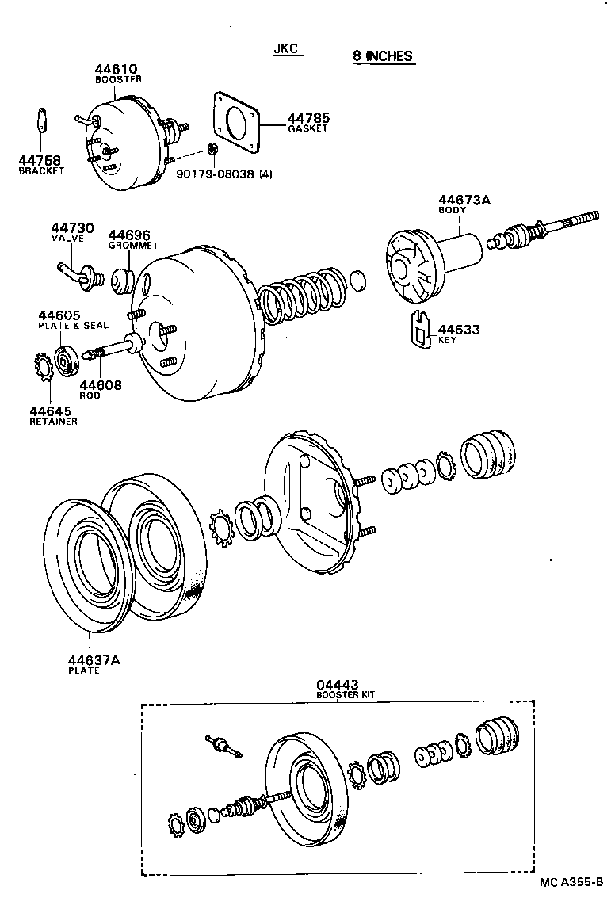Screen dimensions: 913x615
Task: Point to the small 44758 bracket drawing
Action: click(43, 120)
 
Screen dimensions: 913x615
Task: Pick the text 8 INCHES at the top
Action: click(383, 55)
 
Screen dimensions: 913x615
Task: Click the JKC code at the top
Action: click(285, 49)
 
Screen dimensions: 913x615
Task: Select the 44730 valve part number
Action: click(72, 228)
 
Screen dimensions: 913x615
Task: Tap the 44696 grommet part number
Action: click(129, 235)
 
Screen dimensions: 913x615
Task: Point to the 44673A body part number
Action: click(464, 201)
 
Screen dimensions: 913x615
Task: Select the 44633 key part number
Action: click(459, 329)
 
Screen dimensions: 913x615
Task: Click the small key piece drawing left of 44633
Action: click(420, 328)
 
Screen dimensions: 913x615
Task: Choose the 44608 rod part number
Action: click(99, 385)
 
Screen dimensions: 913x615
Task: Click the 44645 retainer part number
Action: click(51, 411)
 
